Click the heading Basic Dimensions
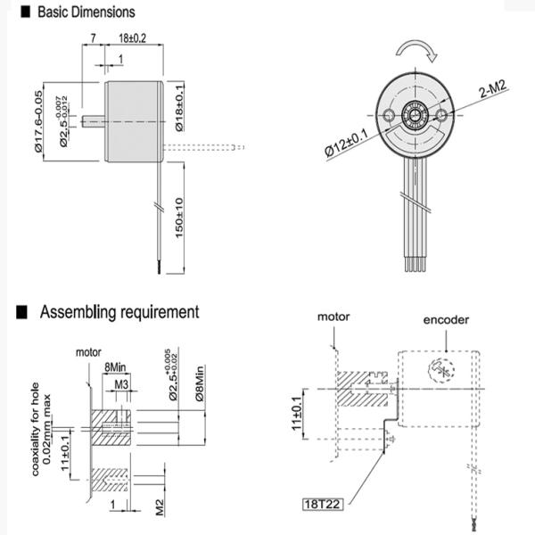(86, 12)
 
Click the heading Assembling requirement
(118, 313)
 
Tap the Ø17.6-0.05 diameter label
(38, 121)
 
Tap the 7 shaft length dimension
(93, 39)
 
